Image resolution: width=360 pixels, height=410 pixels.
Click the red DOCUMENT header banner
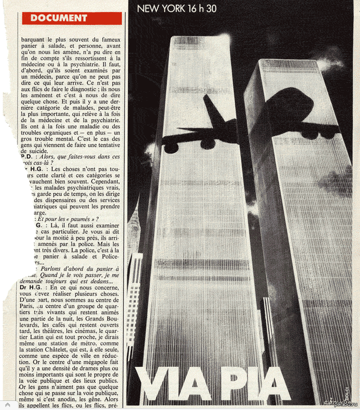[x=72, y=18]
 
